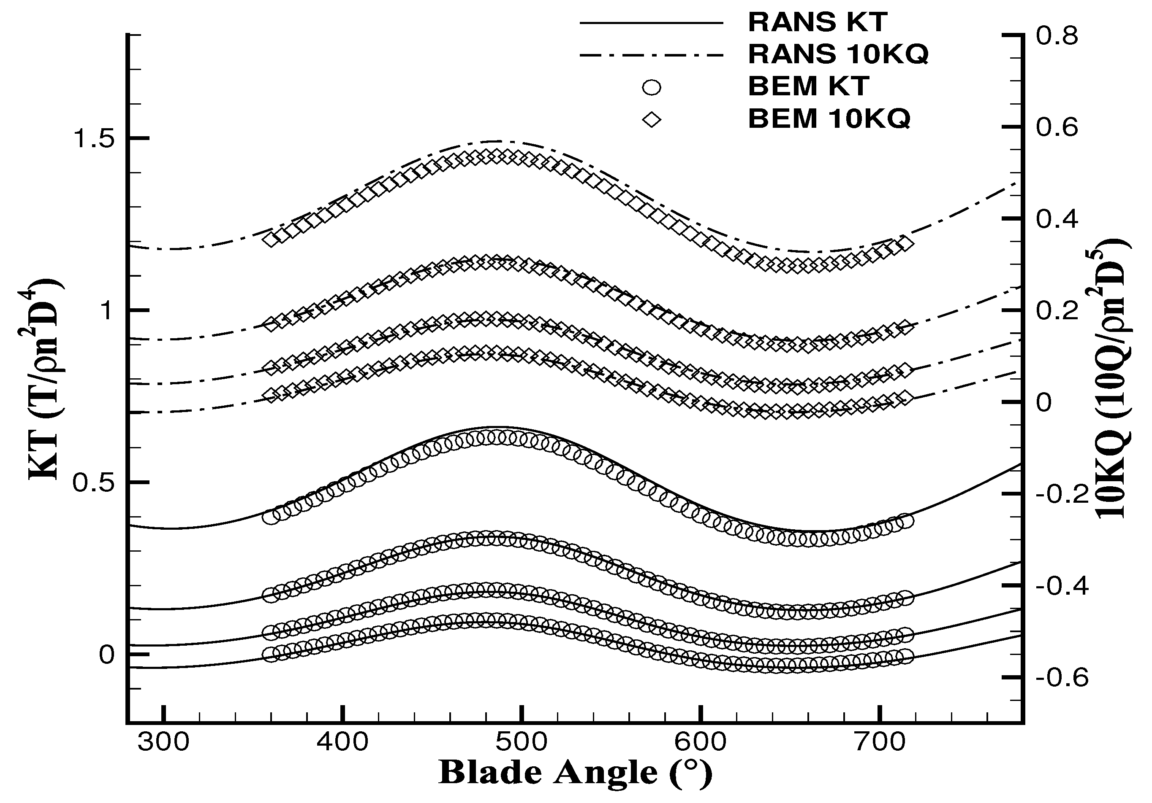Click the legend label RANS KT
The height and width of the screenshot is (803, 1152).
tap(818, 22)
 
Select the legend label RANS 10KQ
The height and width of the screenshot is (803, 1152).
tap(838, 54)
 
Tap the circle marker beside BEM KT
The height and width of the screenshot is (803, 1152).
tap(651, 88)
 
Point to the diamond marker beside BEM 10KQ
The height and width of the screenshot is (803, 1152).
tap(651, 119)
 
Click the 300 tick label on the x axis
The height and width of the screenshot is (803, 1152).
tap(163, 742)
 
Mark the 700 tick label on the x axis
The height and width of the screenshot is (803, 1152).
tap(880, 742)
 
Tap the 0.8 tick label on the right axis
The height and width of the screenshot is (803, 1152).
tap(1057, 36)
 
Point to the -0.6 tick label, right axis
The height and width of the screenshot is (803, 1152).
tap(1062, 678)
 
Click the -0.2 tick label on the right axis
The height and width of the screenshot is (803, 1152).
tap(1062, 495)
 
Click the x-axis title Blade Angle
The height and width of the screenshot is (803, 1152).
tap(575, 773)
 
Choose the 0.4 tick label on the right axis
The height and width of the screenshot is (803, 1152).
tap(1057, 220)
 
